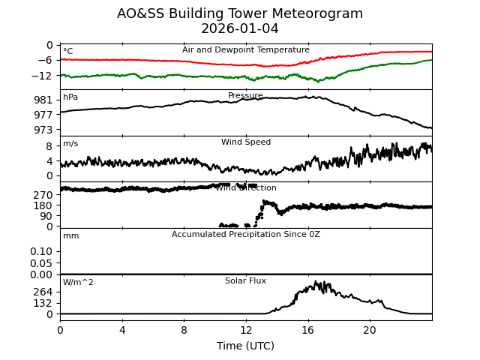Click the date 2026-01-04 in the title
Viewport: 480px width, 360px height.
pos(240,29)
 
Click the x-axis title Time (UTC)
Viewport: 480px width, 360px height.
pos(246,346)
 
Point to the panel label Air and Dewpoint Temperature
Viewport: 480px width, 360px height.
pos(246,50)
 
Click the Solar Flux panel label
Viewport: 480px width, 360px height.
pos(246,281)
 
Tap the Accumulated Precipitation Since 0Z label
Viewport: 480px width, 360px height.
pos(246,235)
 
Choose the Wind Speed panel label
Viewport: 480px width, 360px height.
pos(246,142)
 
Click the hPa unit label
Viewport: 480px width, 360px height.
pos(70,97)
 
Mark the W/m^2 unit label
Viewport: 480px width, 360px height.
pos(78,283)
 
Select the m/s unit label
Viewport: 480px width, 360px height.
pos(70,144)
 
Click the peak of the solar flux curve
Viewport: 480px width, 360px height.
pos(316,282)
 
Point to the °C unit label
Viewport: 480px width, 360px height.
pos(68,52)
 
